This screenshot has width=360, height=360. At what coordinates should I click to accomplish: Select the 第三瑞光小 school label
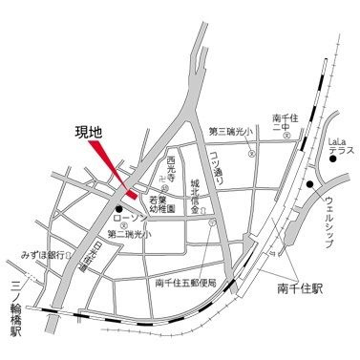228,131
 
